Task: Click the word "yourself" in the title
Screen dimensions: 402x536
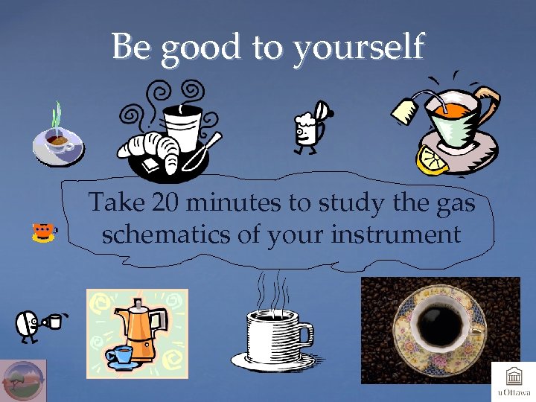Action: tap(358, 48)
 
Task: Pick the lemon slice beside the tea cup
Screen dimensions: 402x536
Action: tap(433, 159)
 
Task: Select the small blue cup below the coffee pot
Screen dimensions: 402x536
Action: tap(118, 354)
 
